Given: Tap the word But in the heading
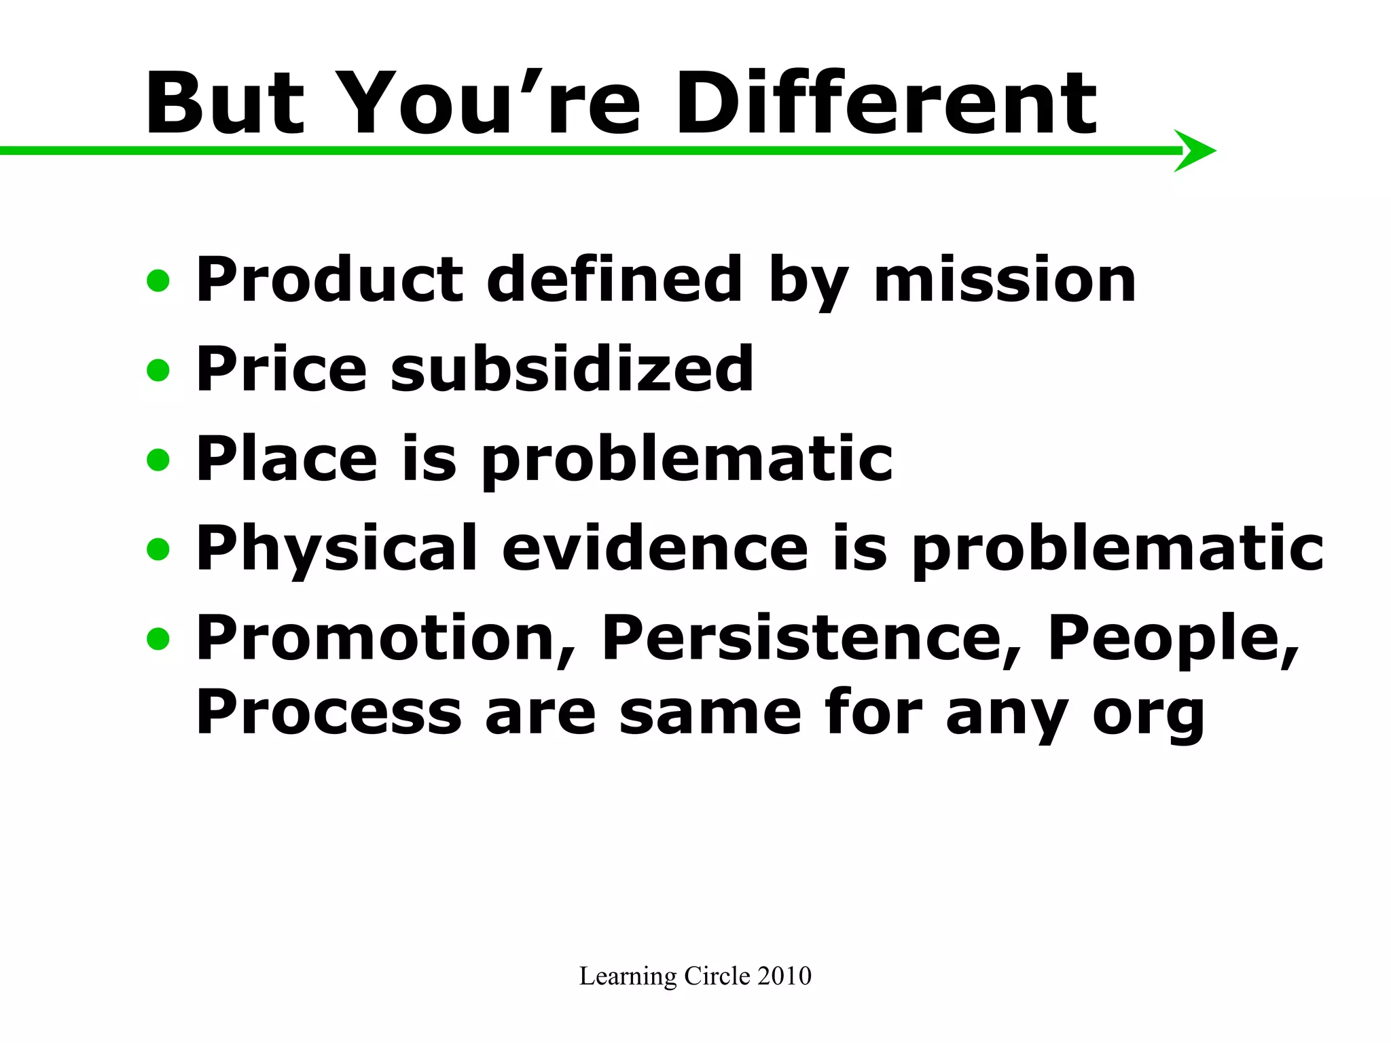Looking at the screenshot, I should [225, 104].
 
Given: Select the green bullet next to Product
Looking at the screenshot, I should [158, 280].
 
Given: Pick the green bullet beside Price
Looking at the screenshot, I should [158, 370].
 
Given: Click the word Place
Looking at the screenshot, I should [286, 459].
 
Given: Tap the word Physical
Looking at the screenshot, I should [336, 549].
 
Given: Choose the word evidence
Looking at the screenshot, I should [655, 549].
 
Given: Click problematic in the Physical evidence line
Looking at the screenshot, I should [1117, 550].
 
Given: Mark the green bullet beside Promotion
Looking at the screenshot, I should [158, 638].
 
